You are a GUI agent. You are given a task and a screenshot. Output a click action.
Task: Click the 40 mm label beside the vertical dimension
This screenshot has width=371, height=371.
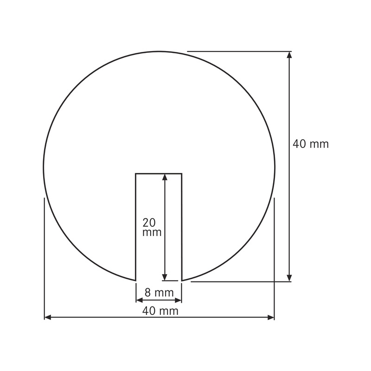pyautogui.click(x=310, y=144)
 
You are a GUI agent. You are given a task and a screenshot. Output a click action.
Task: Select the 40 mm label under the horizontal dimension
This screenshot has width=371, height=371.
pyautogui.click(x=159, y=311)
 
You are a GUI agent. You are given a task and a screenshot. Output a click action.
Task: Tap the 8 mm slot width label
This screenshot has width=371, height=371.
pyautogui.click(x=159, y=293)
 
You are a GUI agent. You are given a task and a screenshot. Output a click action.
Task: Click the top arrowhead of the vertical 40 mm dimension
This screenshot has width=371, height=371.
pyautogui.click(x=290, y=55)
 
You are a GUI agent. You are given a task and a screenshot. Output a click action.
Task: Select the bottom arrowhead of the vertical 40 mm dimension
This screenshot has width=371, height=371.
pyautogui.click(x=290, y=278)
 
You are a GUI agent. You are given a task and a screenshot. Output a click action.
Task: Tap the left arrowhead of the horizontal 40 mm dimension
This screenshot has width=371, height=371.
pyautogui.click(x=48, y=317)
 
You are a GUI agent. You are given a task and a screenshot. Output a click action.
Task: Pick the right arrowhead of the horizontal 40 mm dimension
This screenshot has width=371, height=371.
pyautogui.click(x=271, y=317)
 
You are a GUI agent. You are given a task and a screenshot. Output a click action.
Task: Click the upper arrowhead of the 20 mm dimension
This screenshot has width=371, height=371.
pyautogui.click(x=164, y=177)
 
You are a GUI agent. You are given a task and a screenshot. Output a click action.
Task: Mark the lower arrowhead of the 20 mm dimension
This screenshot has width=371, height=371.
pyautogui.click(x=164, y=277)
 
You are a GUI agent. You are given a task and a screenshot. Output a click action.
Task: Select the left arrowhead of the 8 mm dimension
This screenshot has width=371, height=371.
pyautogui.click(x=138, y=300)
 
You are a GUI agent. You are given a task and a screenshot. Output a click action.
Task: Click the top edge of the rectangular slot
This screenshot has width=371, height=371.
pyautogui.click(x=158, y=173)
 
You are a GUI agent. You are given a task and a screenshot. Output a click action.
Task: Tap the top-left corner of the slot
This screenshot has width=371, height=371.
pyautogui.click(x=135, y=173)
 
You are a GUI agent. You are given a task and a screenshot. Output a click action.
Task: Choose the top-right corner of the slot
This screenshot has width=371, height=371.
pyautogui.click(x=181, y=173)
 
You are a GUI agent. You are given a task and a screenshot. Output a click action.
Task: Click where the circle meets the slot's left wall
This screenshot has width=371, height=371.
pyautogui.click(x=135, y=281)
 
